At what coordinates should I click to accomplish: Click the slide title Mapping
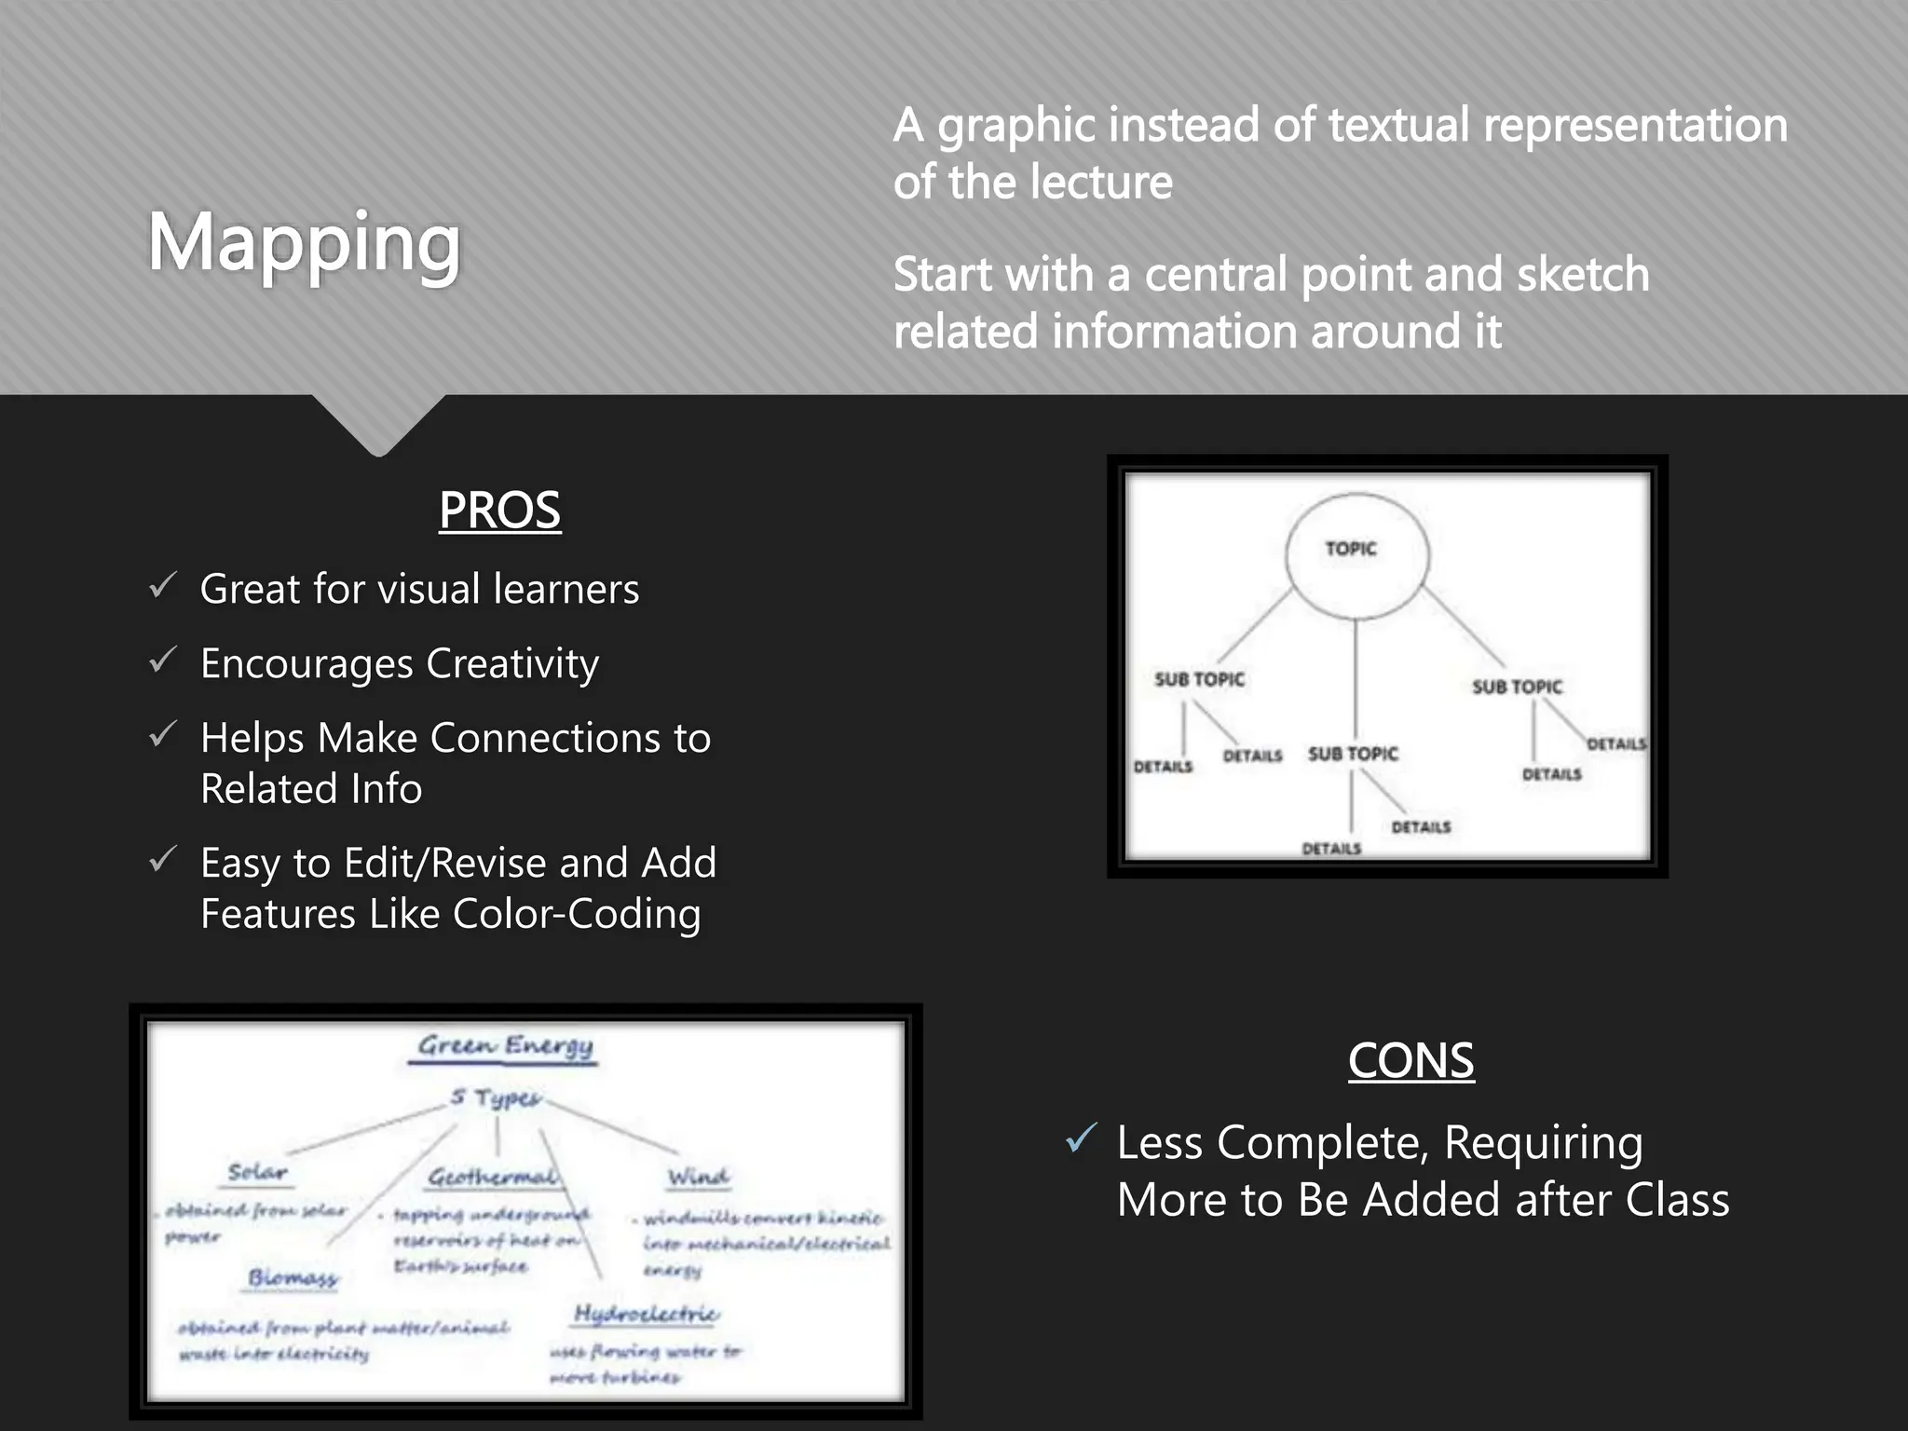click(x=304, y=243)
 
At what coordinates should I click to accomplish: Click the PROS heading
click(x=499, y=510)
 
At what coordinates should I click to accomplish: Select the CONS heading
click(x=1411, y=1060)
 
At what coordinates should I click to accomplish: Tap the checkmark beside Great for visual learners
click(x=162, y=586)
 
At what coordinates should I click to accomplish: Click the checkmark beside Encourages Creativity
click(x=162, y=661)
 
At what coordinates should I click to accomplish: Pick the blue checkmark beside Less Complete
click(x=1081, y=1138)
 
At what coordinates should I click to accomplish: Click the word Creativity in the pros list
click(x=512, y=663)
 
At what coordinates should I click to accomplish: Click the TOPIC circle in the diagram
click(x=1356, y=555)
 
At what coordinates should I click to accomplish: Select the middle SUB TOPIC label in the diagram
click(x=1353, y=754)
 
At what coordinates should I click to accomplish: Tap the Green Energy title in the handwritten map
click(x=505, y=1046)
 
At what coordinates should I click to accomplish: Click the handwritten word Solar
click(x=257, y=1172)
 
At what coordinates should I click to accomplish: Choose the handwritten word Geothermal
click(x=492, y=1178)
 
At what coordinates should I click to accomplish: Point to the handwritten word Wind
click(x=698, y=1178)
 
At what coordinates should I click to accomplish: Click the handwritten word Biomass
click(x=293, y=1277)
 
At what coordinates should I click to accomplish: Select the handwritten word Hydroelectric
click(x=646, y=1314)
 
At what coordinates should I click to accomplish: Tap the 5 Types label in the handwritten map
click(x=495, y=1097)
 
